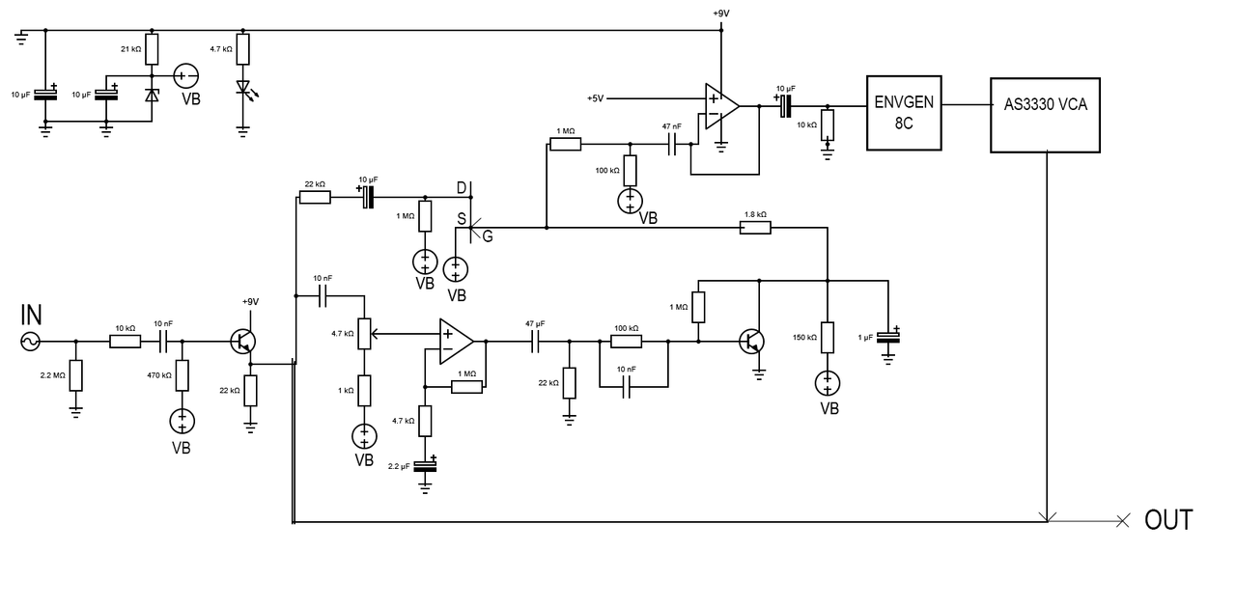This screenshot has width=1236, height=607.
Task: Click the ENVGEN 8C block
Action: pyautogui.click(x=904, y=112)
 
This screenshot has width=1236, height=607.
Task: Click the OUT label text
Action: pyautogui.click(x=1168, y=520)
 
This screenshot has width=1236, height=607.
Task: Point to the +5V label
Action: pyautogui.click(x=595, y=98)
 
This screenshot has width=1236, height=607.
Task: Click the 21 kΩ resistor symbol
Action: pyautogui.click(x=152, y=49)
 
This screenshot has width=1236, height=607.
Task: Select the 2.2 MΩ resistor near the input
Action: pyautogui.click(x=76, y=375)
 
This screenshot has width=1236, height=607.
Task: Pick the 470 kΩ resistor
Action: pyautogui.click(x=182, y=375)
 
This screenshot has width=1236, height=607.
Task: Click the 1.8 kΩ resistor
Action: pyautogui.click(x=755, y=228)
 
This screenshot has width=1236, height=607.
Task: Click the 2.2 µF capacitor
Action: pyautogui.click(x=425, y=465)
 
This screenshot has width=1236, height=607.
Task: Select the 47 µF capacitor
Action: pyautogui.click(x=535, y=341)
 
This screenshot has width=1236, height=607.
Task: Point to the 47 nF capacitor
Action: pyautogui.click(x=672, y=144)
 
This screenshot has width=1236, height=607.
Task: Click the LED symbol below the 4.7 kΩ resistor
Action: pyautogui.click(x=243, y=89)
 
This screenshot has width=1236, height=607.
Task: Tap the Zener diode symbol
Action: pyautogui.click(x=152, y=96)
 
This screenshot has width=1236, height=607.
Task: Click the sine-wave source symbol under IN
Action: pyautogui.click(x=30, y=341)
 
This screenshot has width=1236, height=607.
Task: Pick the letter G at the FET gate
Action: pyautogui.click(x=488, y=237)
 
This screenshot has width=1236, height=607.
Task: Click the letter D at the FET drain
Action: pyautogui.click(x=462, y=186)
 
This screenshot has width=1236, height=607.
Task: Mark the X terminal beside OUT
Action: pyautogui.click(x=1122, y=521)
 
